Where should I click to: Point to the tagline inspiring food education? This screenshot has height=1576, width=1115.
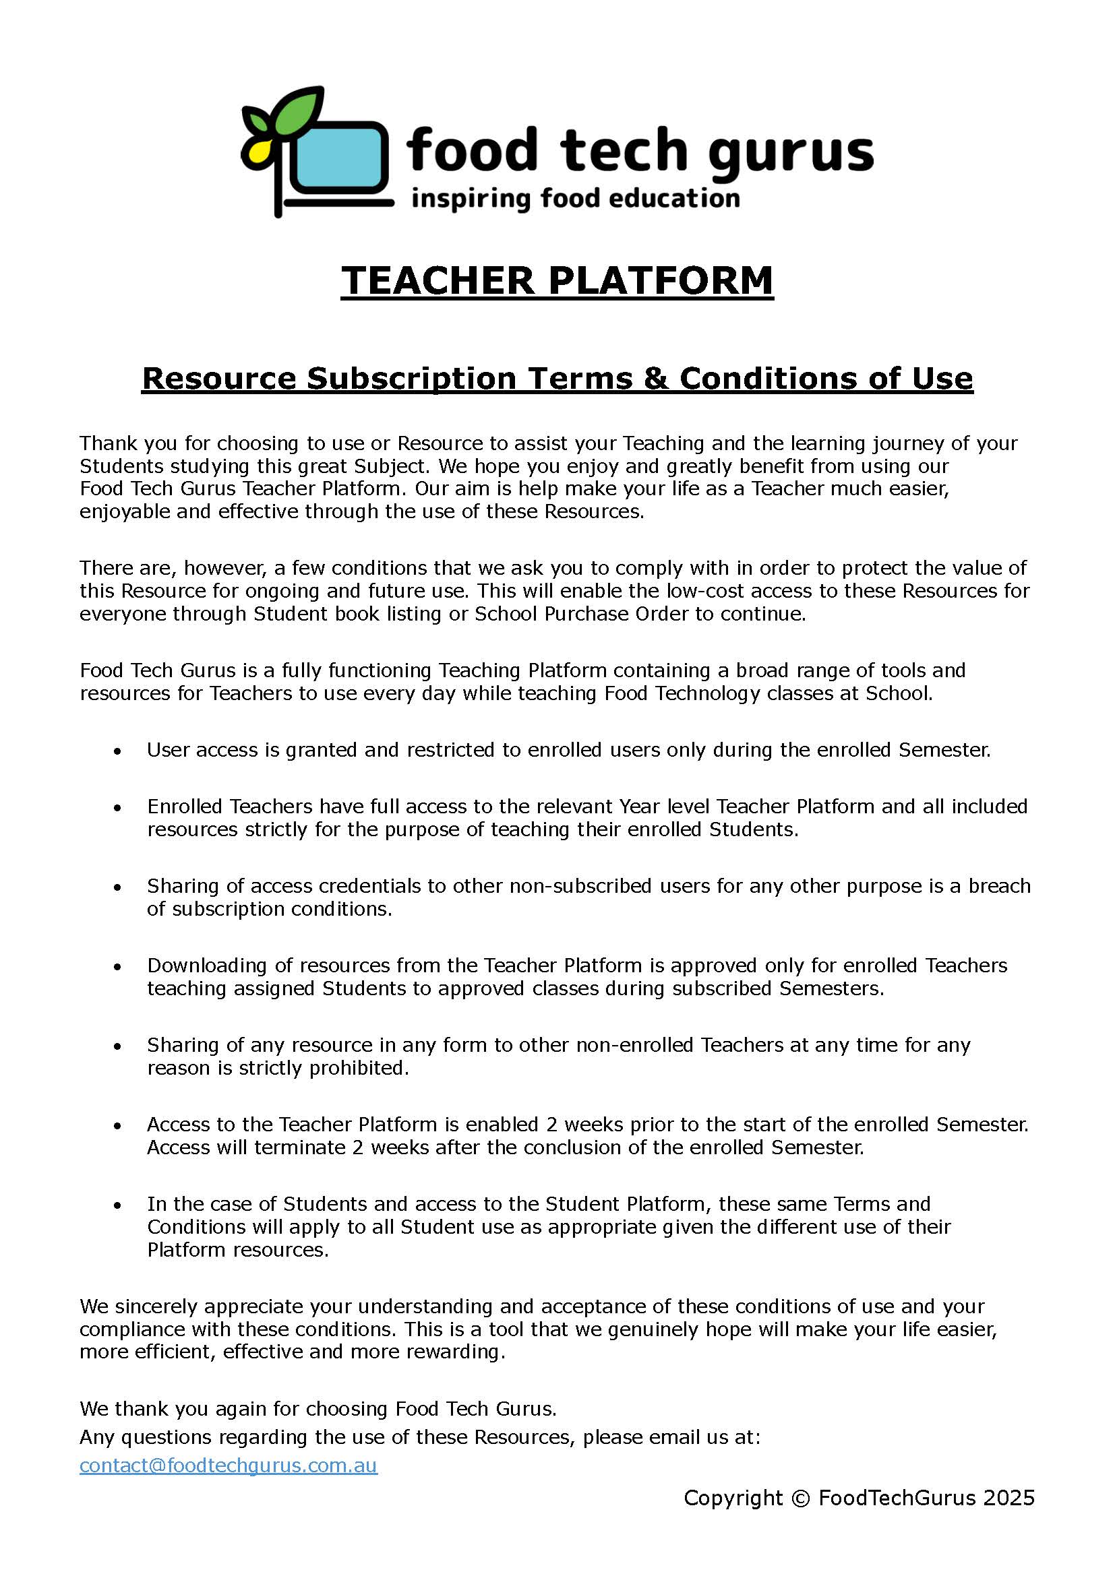574,199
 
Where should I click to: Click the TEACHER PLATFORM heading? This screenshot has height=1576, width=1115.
557,281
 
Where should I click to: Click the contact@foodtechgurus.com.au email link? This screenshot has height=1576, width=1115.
228,1465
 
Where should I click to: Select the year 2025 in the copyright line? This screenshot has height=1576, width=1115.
1008,1498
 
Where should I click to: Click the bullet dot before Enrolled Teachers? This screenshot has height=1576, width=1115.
118,808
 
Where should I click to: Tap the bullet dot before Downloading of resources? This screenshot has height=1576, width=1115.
118,967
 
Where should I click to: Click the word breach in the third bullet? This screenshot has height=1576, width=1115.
999,886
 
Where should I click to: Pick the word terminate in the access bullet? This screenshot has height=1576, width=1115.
302,1147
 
